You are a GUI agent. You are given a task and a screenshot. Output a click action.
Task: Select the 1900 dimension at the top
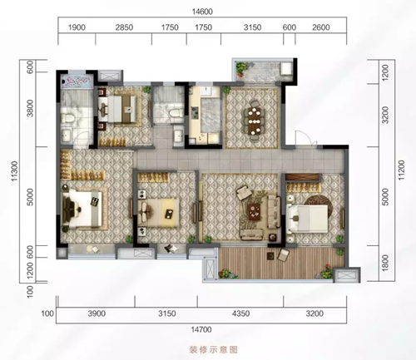point(77,28)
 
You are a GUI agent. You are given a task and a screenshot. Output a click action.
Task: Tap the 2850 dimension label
point(124,28)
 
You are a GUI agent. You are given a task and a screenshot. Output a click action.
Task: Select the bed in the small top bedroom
point(122,106)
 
